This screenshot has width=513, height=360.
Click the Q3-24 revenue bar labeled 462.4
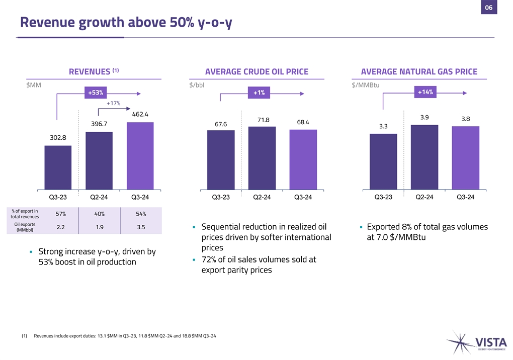[140, 156]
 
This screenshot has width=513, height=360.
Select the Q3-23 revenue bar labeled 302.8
[58, 167]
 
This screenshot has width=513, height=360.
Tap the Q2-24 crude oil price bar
[262, 158]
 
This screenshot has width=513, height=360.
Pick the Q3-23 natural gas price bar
[383, 161]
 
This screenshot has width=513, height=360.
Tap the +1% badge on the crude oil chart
[259, 93]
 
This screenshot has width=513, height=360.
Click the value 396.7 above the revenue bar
[99, 124]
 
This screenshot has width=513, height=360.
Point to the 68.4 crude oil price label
[303, 122]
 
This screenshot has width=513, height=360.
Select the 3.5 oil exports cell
[140, 227]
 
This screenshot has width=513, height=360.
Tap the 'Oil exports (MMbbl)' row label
[25, 227]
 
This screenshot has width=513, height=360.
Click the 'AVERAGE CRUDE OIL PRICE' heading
[256, 72]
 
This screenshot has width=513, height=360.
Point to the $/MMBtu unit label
[366, 84]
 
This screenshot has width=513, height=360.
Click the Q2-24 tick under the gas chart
[424, 197]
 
